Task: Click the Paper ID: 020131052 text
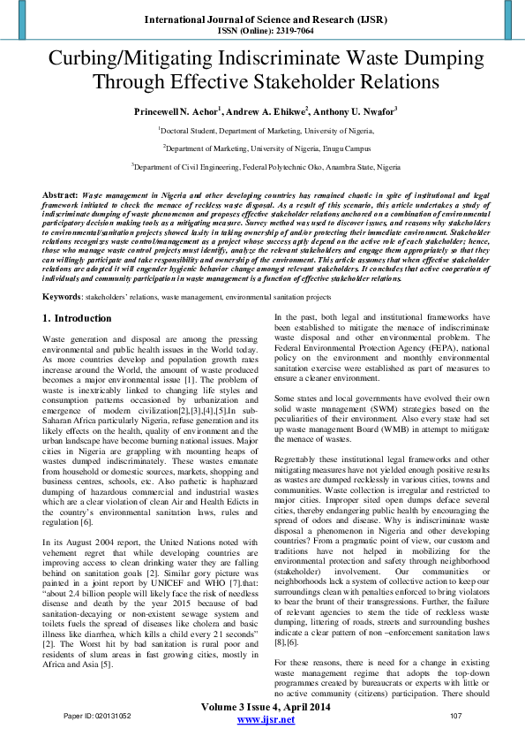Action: (97, 715)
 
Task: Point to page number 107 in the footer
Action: (456, 715)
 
